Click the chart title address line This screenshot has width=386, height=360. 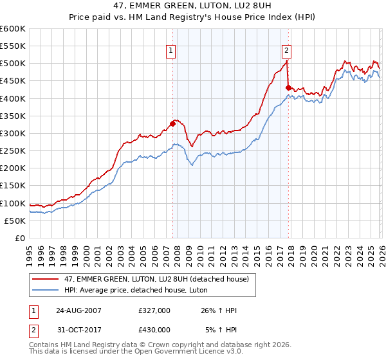193,7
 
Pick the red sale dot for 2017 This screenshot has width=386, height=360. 288,87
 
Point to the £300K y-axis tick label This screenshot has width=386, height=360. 13,133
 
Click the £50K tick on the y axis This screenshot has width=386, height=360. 15,221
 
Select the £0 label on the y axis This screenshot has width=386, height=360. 20,238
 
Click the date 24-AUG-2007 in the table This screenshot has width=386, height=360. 74,310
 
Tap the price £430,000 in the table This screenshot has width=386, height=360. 154,330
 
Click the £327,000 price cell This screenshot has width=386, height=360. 154,310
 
